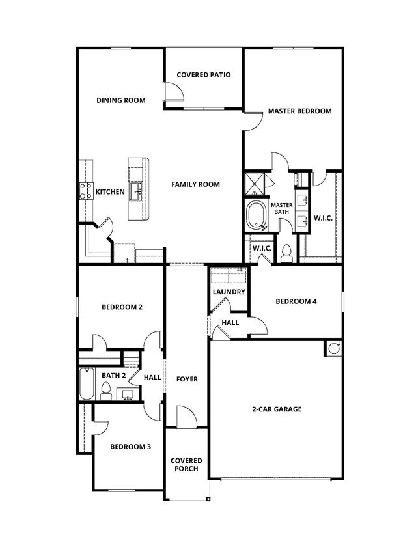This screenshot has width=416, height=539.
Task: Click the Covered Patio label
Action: click(x=204, y=75)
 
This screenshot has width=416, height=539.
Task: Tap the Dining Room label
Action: click(x=121, y=100)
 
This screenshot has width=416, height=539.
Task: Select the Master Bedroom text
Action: click(x=300, y=111)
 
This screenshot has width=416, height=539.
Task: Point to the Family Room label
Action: click(x=195, y=184)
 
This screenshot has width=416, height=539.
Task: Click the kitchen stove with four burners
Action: click(x=86, y=191)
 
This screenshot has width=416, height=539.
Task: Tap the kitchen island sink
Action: click(x=136, y=191)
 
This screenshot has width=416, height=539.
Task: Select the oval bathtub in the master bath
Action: click(x=256, y=216)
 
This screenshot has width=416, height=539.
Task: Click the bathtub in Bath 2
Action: click(x=87, y=383)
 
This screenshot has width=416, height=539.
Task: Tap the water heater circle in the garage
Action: click(x=333, y=348)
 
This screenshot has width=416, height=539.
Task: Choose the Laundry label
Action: click(x=229, y=292)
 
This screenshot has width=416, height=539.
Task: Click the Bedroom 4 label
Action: click(x=296, y=301)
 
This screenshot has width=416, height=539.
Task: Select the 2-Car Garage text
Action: click(x=277, y=409)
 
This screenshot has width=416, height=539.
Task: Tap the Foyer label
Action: click(x=187, y=379)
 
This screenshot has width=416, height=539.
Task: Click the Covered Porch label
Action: click(x=186, y=465)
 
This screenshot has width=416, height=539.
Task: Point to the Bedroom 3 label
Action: click(x=130, y=447)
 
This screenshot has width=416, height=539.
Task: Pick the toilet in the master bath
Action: click(x=286, y=254)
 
